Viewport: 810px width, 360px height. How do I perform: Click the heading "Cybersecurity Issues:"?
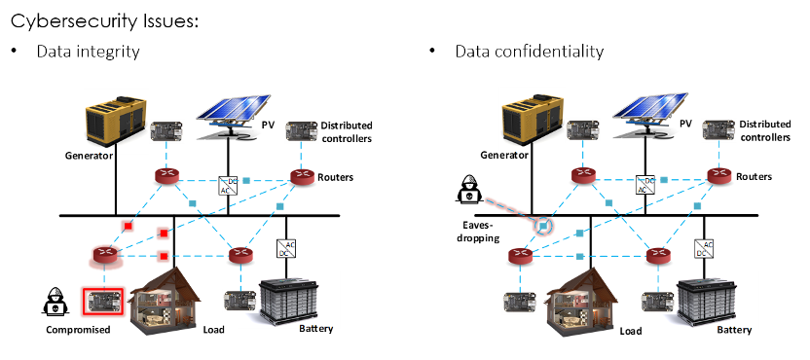pyautogui.click(x=104, y=21)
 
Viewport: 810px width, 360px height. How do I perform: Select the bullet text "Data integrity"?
pyautogui.click(x=88, y=52)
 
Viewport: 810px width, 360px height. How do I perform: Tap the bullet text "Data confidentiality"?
pyautogui.click(x=529, y=52)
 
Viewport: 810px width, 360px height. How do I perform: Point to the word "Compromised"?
pyautogui.click(x=78, y=330)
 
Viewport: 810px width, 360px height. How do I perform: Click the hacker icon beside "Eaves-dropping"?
pyautogui.click(x=469, y=189)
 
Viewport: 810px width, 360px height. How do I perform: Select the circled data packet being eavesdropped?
pyautogui.click(x=543, y=226)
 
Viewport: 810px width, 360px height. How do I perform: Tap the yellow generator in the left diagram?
pyautogui.click(x=114, y=121)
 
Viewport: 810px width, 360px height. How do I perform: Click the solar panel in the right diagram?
pyautogui.click(x=649, y=115)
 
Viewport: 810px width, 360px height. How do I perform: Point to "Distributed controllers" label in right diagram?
pyautogui.click(x=764, y=131)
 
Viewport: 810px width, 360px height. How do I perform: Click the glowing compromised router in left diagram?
pyautogui.click(x=105, y=255)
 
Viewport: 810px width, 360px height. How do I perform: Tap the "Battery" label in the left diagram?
pyautogui.click(x=316, y=329)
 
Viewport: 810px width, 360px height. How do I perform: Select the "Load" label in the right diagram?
pyautogui.click(x=631, y=331)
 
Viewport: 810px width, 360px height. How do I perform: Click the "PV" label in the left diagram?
pyautogui.click(x=267, y=125)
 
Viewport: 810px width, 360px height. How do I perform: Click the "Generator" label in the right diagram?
pyautogui.click(x=504, y=155)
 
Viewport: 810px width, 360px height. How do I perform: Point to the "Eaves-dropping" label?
pyautogui.click(x=478, y=231)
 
